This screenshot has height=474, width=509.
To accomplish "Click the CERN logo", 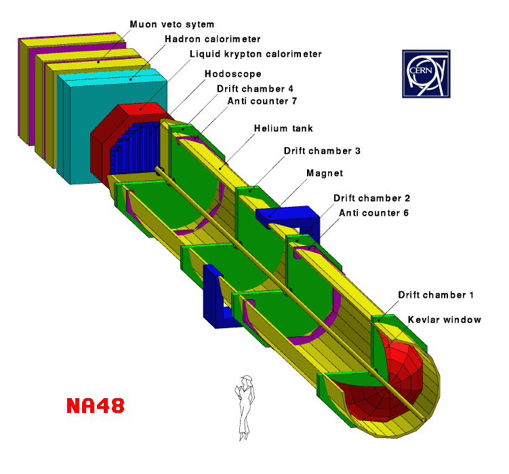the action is [x=426, y=74].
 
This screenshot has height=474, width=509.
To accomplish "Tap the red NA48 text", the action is [x=96, y=406].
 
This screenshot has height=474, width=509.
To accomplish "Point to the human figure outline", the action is [x=245, y=408].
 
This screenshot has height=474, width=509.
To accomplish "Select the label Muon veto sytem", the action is [x=172, y=24].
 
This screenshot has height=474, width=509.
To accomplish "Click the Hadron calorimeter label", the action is [x=213, y=39].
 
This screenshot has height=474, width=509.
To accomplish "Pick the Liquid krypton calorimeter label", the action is [x=256, y=54].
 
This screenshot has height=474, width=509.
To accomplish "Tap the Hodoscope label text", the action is [x=233, y=74].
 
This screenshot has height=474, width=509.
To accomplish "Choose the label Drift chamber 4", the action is [x=255, y=89].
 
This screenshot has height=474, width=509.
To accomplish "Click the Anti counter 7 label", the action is [x=262, y=101].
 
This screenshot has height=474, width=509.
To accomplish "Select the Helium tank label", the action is [x=283, y=128].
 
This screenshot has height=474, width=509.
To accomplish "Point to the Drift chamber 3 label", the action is [x=322, y=151].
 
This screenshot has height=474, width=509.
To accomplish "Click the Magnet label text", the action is [x=325, y=173].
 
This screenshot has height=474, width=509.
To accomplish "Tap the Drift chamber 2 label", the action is [x=371, y=198].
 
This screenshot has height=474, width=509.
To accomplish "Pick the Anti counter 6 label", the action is [x=374, y=213].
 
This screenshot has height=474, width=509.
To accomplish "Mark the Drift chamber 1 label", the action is [x=436, y=295].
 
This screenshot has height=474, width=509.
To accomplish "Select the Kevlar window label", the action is [x=445, y=319].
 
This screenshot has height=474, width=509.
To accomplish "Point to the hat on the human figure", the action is [x=247, y=378].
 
